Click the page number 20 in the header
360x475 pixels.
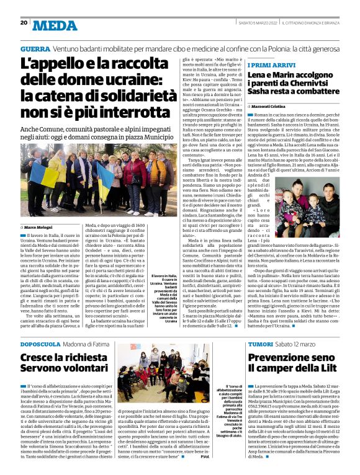(x=24, y=22)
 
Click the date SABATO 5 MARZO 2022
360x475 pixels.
(x=256, y=22)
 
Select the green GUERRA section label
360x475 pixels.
(x=35, y=48)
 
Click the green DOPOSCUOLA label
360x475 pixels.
(x=43, y=344)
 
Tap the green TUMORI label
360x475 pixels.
(x=260, y=344)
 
